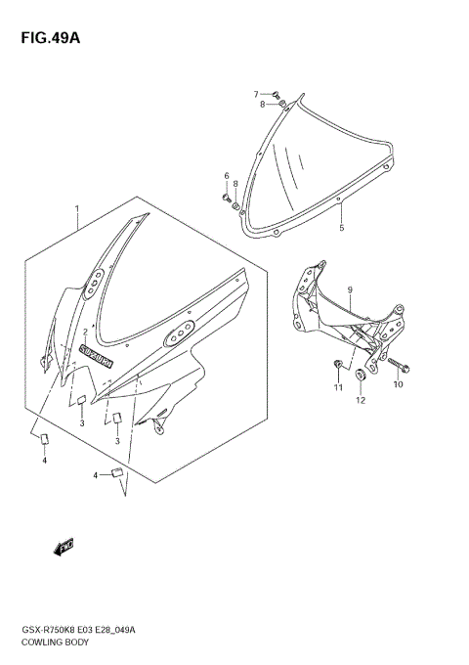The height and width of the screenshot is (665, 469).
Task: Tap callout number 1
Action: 78,209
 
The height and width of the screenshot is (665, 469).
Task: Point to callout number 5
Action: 341,228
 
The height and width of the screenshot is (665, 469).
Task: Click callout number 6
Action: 226,177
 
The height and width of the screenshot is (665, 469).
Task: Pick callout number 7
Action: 257,95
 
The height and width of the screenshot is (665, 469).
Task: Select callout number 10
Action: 398,385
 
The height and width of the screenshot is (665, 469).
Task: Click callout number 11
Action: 339,388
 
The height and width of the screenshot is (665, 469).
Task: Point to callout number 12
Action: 360,400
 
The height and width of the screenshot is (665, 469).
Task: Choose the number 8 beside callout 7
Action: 262,104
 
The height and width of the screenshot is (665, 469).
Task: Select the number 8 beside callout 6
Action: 235,184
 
